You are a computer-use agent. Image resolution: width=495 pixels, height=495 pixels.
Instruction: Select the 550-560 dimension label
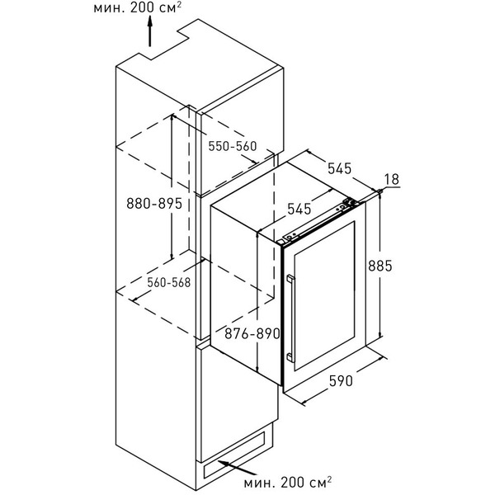point(233,146)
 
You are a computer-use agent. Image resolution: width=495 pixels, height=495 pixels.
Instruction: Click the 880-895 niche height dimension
point(149,205)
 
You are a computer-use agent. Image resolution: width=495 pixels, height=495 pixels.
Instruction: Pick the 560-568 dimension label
point(168,281)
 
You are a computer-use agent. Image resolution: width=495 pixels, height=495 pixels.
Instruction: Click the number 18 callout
point(392,180)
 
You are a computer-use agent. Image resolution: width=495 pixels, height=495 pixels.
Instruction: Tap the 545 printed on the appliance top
point(298,207)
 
